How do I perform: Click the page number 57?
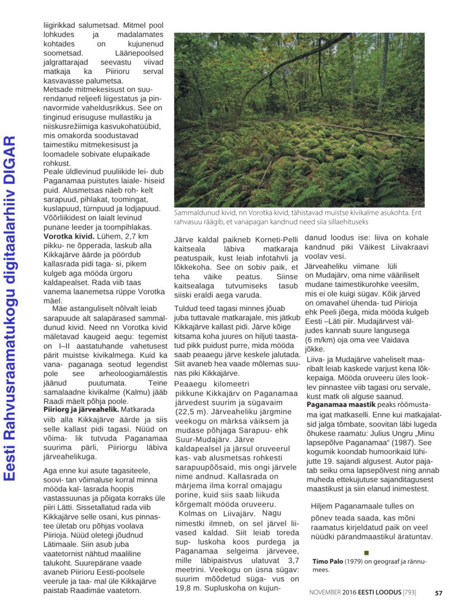tap(439, 593)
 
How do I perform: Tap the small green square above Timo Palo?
tap(366, 553)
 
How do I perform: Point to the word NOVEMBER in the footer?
tap(325, 593)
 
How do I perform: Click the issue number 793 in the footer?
tap(409, 593)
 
